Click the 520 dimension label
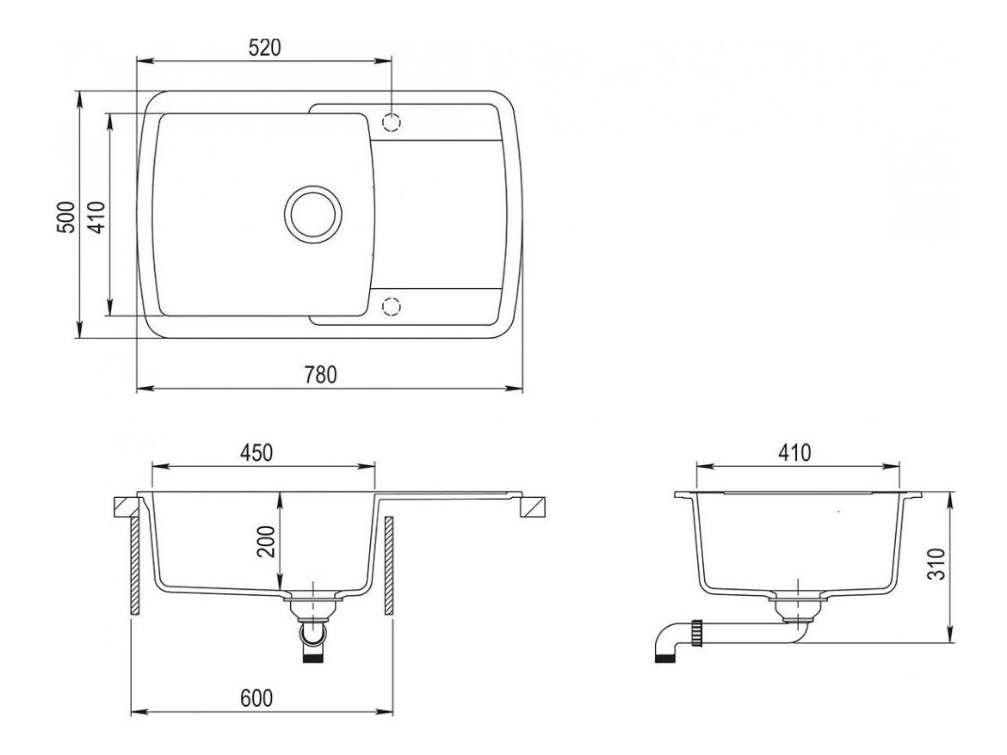tap(263, 48)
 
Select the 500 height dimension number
tap(65, 216)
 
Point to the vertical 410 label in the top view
tap(96, 216)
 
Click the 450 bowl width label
tap(256, 452)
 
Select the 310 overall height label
tap(939, 563)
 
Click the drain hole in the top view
tap(312, 213)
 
